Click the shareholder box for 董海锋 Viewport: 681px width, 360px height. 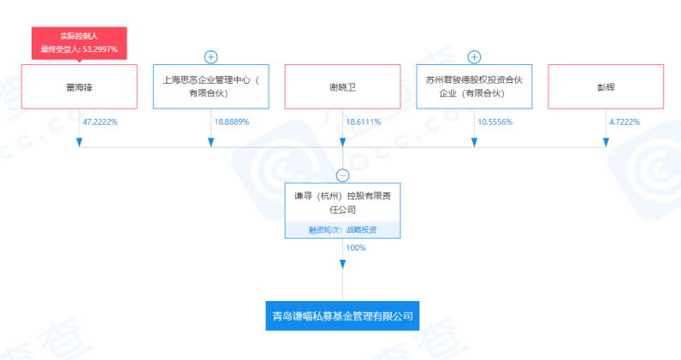point(79,86)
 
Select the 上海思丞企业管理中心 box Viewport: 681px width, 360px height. point(210,86)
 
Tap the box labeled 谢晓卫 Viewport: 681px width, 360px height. point(342,86)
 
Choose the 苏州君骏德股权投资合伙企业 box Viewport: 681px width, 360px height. point(474,86)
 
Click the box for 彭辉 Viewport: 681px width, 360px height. point(606,86)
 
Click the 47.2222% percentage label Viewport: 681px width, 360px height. point(100,122)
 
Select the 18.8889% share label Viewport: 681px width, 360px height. point(232,122)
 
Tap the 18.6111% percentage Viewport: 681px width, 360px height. point(364,122)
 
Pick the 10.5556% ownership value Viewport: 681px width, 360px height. point(495,122)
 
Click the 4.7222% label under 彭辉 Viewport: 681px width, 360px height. point(625,122)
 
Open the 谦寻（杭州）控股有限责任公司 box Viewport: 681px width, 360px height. point(342,203)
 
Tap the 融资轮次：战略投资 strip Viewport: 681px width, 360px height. point(342,230)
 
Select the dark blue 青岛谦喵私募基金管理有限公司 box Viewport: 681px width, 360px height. point(342,316)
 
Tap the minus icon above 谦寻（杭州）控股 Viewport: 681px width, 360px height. point(342,175)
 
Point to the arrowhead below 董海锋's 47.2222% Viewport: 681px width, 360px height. point(79,141)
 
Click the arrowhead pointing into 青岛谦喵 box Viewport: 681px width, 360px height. point(342,293)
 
